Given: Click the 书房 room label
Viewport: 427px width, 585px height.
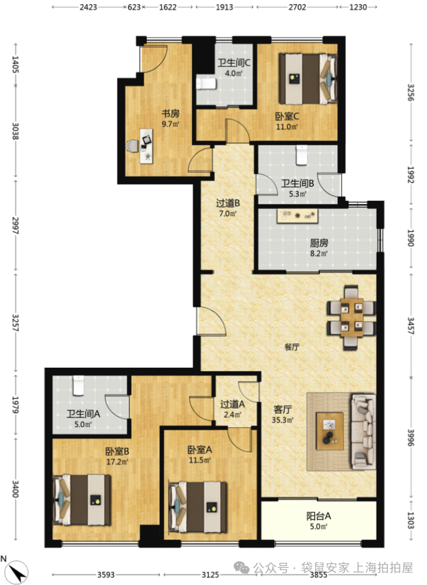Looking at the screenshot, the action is (x=170, y=114).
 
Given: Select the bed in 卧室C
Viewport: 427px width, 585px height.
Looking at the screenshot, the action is (x=308, y=78).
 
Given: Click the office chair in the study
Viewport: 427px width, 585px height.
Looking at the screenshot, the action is (x=132, y=146).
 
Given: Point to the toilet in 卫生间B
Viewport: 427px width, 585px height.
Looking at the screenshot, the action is (x=301, y=155).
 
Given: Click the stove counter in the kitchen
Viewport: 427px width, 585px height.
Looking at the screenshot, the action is (x=298, y=217).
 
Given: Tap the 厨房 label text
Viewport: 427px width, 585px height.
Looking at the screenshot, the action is (x=319, y=243).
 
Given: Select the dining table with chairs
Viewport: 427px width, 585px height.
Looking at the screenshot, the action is (x=351, y=317).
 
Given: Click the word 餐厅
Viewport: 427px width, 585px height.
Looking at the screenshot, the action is (x=292, y=347).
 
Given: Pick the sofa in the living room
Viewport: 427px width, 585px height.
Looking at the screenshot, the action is (x=363, y=432).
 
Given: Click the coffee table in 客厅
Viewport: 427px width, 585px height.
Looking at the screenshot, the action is (x=330, y=431).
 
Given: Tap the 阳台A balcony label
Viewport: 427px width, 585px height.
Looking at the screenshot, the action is (x=319, y=516).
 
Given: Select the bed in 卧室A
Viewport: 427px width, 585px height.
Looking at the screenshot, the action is (x=198, y=507).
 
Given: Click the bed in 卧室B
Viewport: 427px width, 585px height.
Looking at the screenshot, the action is (x=83, y=500).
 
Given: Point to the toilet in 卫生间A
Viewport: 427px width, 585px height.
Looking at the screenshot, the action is (x=78, y=385).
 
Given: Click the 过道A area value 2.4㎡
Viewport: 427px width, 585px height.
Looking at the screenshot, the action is (x=233, y=415).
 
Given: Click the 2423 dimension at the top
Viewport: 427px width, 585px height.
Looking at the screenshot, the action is (x=88, y=7).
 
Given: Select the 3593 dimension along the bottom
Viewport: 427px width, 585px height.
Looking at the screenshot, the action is (x=106, y=575).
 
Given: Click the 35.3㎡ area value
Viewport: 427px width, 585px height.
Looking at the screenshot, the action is (x=282, y=420).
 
